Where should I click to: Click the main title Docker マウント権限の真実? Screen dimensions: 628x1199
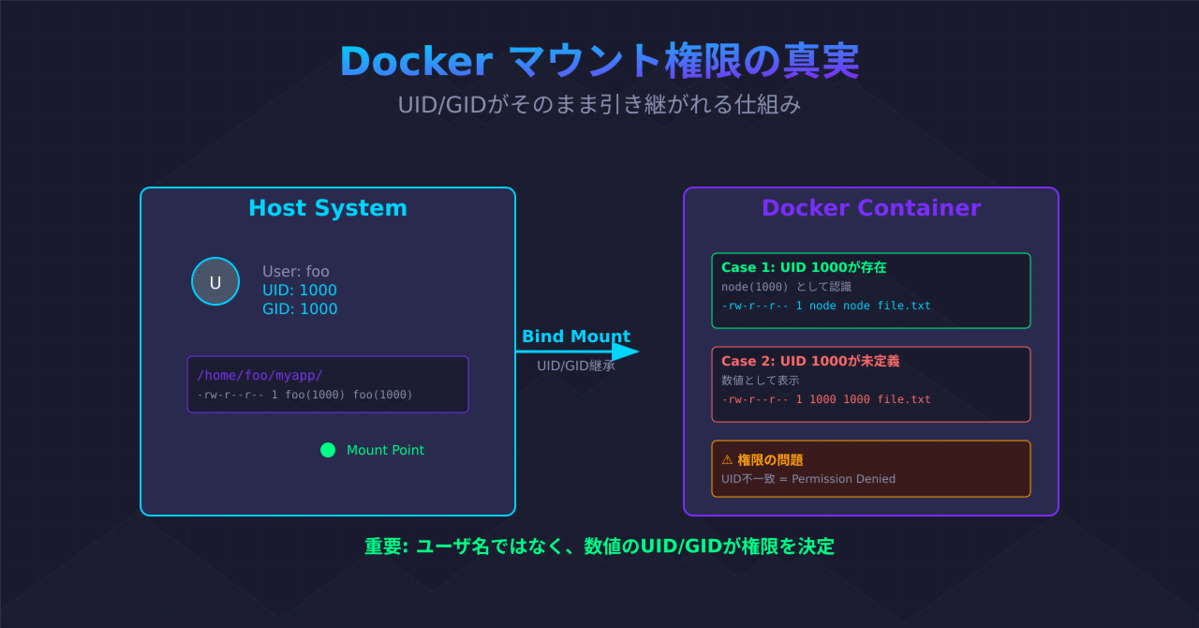(x=599, y=62)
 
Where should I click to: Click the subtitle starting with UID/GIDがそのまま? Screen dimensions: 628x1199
(x=599, y=104)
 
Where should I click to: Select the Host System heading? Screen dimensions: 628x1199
(x=328, y=208)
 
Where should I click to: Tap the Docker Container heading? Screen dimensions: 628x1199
(x=871, y=208)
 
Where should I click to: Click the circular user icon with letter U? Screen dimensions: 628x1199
(x=215, y=281)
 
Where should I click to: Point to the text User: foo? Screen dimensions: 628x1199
(x=296, y=272)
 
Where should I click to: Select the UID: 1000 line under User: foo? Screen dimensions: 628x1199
(x=300, y=291)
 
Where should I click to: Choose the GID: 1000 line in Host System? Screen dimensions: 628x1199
(x=300, y=309)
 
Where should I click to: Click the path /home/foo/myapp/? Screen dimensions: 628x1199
(x=259, y=375)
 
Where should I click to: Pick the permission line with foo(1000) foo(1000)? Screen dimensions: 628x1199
(x=304, y=395)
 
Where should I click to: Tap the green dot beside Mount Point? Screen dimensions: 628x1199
(x=328, y=450)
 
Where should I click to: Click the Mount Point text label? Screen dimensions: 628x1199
(x=385, y=450)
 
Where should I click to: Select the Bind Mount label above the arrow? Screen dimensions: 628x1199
(x=576, y=336)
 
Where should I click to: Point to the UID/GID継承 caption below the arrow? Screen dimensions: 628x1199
(x=576, y=366)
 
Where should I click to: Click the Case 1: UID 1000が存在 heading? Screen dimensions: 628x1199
(x=804, y=267)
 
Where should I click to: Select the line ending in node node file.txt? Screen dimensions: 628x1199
(x=826, y=306)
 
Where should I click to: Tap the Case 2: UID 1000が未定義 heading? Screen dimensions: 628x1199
(x=810, y=361)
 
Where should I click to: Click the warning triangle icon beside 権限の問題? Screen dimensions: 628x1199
(x=727, y=459)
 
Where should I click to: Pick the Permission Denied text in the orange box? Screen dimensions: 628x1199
(x=843, y=479)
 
